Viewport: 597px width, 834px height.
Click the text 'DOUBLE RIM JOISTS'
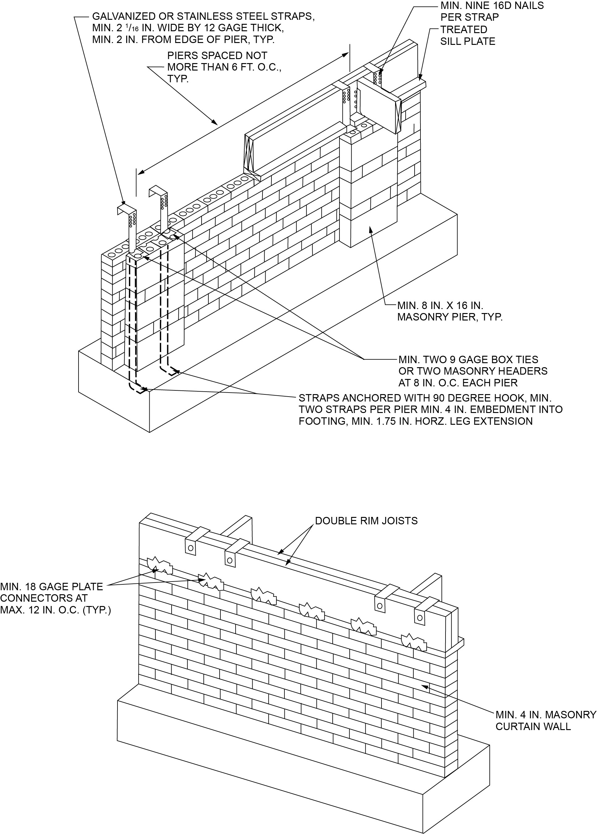coord(366,521)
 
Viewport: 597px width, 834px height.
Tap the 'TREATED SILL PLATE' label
coord(467,35)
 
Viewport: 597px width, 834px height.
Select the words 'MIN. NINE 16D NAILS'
coord(492,6)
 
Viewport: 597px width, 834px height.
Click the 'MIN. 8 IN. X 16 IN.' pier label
coord(440,306)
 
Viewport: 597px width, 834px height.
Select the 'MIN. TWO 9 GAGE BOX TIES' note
coord(468,360)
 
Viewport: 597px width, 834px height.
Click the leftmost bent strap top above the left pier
coord(125,211)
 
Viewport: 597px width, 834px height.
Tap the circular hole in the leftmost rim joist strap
coord(190,548)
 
